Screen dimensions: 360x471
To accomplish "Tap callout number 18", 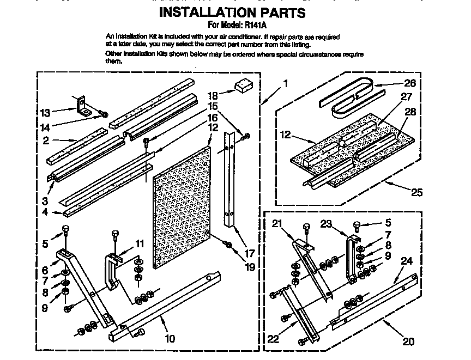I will tap(214, 94).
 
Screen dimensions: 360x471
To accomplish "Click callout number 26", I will tap(409, 83).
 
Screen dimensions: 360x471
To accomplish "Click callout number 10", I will tap(170, 339).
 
